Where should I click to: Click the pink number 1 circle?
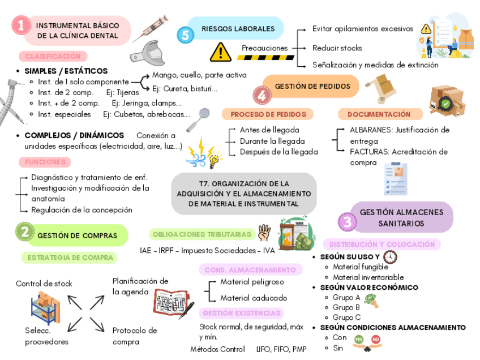20,25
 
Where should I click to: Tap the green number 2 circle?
24,232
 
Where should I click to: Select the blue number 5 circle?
185,35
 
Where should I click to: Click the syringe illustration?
152,28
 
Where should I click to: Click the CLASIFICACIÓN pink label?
53,56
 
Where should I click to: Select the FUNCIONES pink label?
45,162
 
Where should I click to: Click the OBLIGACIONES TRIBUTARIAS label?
202,234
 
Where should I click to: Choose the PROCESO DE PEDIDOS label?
268,114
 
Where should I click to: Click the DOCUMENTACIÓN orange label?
379,114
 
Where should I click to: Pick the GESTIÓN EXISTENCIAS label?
242,313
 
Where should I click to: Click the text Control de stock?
44,284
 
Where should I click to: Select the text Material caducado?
254,298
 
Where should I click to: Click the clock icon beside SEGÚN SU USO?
390,257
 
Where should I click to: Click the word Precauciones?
264,48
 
